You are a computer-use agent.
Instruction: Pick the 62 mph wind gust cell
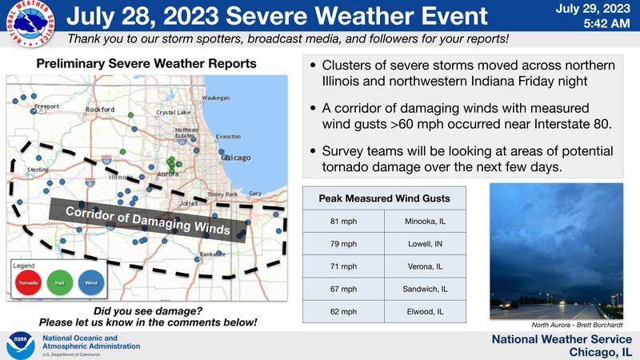[343, 310]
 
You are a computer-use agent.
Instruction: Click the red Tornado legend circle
[28, 282]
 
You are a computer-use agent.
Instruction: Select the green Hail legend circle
[61, 282]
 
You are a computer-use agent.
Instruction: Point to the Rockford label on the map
[100, 109]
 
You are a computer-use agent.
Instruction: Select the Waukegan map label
[216, 97]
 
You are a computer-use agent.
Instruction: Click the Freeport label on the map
[46, 106]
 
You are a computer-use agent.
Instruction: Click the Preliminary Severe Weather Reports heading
[147, 62]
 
